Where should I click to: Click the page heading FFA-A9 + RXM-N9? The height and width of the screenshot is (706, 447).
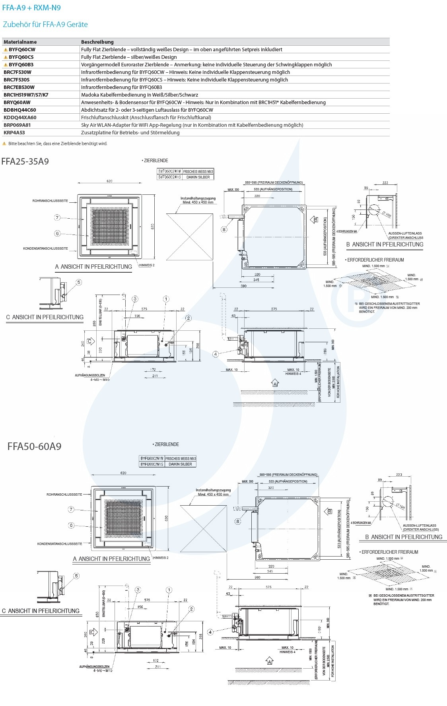(31, 8)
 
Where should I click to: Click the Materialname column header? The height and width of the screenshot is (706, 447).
(20, 42)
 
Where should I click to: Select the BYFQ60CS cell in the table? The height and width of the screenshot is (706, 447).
(21, 57)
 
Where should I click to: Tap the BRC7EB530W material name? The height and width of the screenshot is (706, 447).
(19, 87)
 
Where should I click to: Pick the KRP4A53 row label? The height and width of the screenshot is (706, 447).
(14, 132)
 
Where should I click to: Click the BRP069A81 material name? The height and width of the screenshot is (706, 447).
(17, 125)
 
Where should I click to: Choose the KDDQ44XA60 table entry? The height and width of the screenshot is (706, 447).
(20, 117)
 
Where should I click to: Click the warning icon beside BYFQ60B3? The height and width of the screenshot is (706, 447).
(6, 64)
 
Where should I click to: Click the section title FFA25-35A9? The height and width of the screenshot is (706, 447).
(25, 161)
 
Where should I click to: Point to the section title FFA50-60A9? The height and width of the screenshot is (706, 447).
(35, 446)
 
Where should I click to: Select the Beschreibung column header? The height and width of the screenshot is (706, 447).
(97, 42)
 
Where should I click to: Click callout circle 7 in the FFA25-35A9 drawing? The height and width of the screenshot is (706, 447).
(58, 217)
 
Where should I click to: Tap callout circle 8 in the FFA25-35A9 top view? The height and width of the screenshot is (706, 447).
(224, 229)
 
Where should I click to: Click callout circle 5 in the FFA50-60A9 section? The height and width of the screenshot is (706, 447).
(76, 576)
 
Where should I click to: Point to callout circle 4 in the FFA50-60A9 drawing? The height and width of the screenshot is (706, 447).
(210, 632)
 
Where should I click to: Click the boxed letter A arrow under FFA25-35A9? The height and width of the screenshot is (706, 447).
(275, 384)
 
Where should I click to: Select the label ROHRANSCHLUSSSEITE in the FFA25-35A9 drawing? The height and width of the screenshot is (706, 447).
(50, 201)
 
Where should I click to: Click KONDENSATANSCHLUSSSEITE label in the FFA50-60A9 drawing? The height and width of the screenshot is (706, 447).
(60, 544)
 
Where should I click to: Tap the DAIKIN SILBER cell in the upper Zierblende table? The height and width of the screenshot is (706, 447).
(198, 177)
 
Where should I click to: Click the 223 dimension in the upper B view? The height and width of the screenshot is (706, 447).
(385, 183)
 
